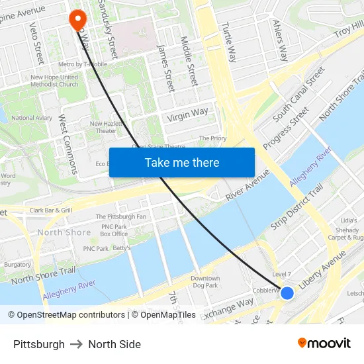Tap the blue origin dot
(287, 293)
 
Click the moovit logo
(324, 343)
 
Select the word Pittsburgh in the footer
(39, 344)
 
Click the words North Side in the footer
(114, 344)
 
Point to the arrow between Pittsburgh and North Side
(77, 344)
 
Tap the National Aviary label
(32, 118)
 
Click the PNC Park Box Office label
(114, 230)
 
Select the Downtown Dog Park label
(205, 282)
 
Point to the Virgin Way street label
(188, 115)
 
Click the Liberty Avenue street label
(322, 272)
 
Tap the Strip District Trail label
(296, 207)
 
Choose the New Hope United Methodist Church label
(54, 81)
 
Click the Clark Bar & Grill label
(50, 210)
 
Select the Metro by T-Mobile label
(83, 64)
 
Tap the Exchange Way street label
(228, 308)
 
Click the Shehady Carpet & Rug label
(348, 233)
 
